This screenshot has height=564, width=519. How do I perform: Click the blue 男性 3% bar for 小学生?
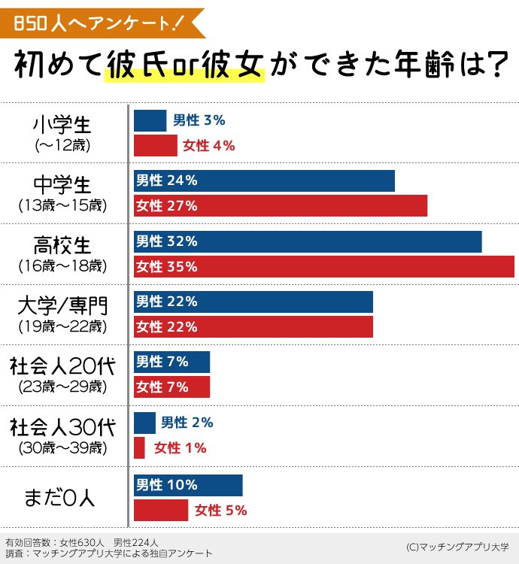tap(150, 120)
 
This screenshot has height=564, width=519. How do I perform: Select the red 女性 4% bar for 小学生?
tap(155, 145)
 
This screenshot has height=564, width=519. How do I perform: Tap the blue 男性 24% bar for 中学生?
tap(264, 180)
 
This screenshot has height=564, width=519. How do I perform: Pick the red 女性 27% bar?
tap(280, 206)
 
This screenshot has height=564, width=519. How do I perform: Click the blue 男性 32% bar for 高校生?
tap(307, 241)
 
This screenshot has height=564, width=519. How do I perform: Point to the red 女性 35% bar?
tap(323, 267)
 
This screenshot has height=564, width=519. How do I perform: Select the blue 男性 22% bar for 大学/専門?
tap(253, 302)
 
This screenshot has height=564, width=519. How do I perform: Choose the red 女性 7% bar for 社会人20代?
tap(171, 387)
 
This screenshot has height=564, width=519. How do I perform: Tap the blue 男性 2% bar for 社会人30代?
tap(144, 423)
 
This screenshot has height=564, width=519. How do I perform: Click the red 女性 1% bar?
tap(139, 448)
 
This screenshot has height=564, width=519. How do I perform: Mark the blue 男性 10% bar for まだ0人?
tap(188, 485)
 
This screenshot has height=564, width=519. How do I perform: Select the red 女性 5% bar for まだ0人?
tap(160, 511)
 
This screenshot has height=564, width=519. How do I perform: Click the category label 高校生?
tap(62, 245)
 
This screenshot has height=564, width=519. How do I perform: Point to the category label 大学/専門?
tap(62, 306)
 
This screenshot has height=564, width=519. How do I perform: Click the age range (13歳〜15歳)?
tap(62, 205)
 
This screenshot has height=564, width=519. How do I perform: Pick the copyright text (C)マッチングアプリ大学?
tap(457, 547)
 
